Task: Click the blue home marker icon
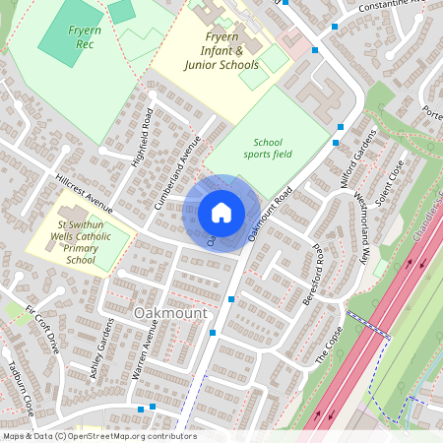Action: pyautogui.click(x=221, y=213)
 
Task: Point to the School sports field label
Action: pyautogui.click(x=268, y=149)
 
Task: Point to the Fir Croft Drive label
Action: pyautogui.click(x=43, y=329)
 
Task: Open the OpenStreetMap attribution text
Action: pyautogui.click(x=99, y=436)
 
